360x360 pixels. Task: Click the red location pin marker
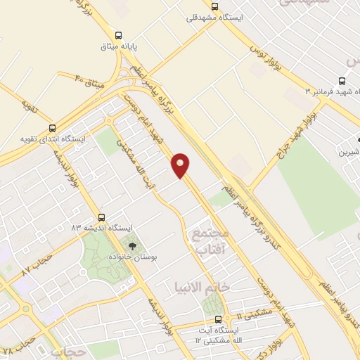[181, 165]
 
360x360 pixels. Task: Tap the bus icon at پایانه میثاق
[118, 34]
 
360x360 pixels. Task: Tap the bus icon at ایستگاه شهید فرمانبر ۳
[342, 81]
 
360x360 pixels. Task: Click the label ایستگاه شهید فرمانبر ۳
[331, 92]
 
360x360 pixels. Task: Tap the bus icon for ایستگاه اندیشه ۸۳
[103, 217]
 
